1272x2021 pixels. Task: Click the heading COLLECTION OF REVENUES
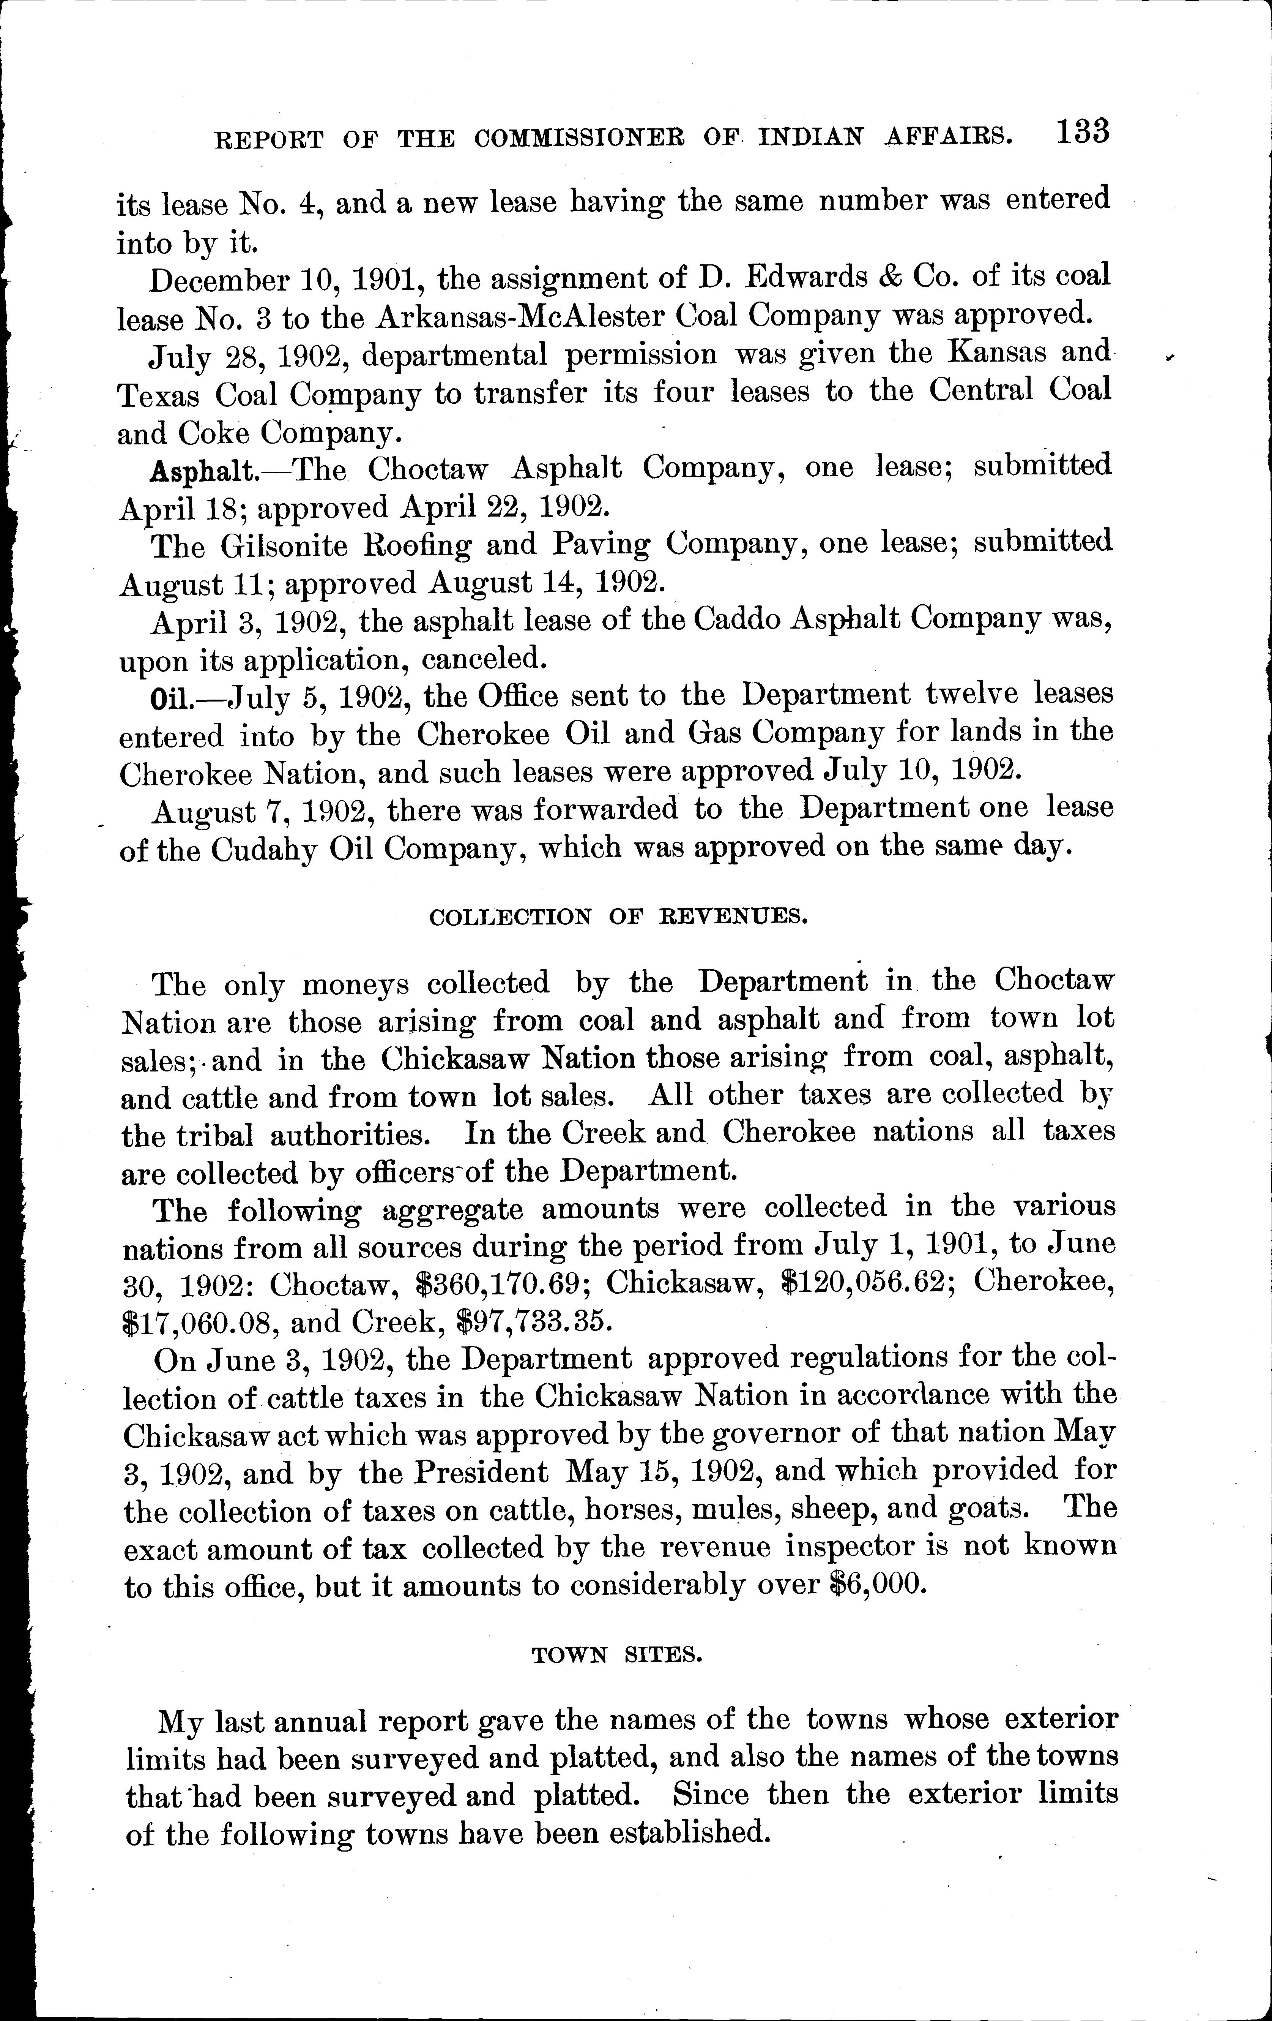click(618, 916)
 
